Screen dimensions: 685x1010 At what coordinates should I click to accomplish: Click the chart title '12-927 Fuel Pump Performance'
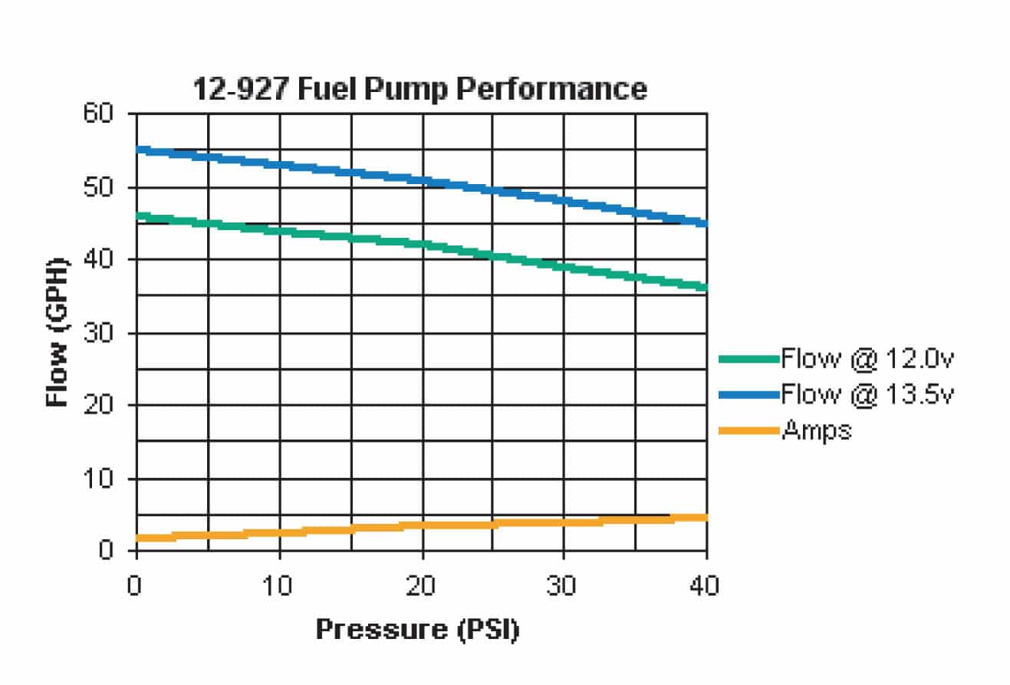pyautogui.click(x=419, y=89)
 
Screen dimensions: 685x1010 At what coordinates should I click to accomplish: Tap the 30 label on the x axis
pyautogui.click(x=564, y=587)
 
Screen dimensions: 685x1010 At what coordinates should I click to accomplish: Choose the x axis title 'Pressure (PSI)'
pyautogui.click(x=418, y=630)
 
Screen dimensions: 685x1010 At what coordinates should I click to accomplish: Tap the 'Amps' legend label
pyautogui.click(x=816, y=430)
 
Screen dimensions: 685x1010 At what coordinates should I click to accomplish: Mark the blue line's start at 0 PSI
pyautogui.click(x=138, y=150)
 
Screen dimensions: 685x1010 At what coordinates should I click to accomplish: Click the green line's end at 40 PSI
pyautogui.click(x=705, y=288)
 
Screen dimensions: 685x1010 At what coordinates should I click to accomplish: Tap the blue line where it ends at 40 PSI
pyautogui.click(x=705, y=223)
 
